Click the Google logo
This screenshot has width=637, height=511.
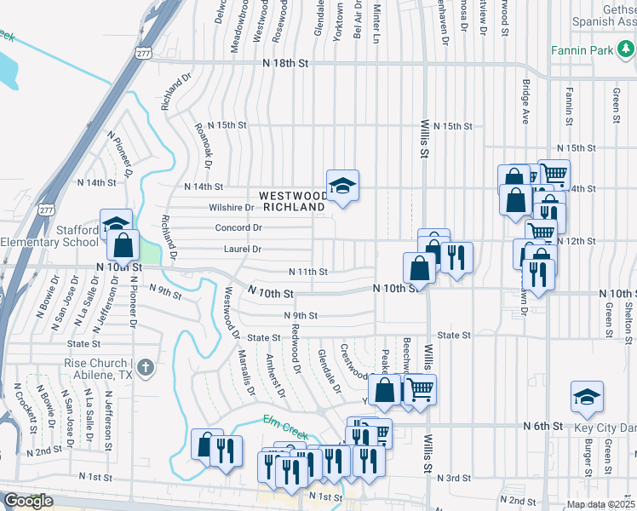click(x=28, y=501)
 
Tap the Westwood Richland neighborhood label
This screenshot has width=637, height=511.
click(x=294, y=201)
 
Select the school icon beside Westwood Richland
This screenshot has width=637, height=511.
click(x=342, y=187)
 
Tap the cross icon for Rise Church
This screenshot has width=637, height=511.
click(x=146, y=368)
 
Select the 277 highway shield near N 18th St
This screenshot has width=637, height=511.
click(x=142, y=52)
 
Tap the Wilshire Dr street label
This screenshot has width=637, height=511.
click(x=232, y=207)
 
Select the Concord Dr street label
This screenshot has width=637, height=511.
click(x=238, y=227)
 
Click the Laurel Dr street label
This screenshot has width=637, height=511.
click(x=242, y=249)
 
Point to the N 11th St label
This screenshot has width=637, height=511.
click(x=308, y=272)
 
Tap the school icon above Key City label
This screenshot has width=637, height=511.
click(x=586, y=396)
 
